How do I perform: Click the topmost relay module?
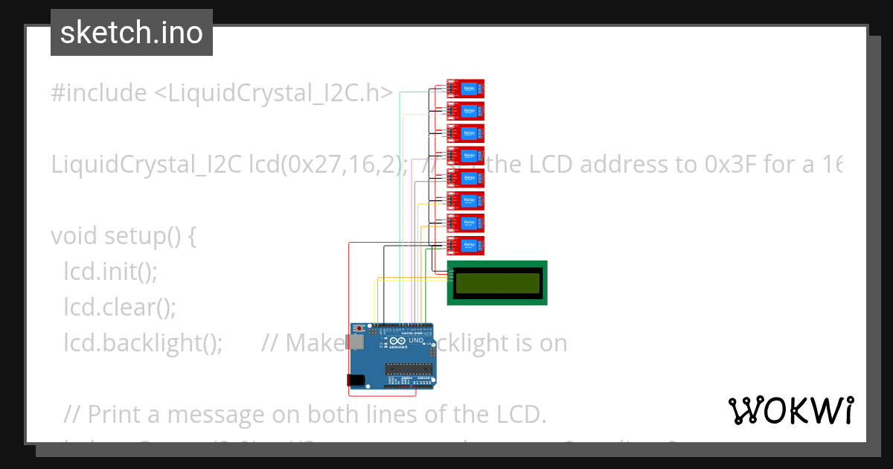pyautogui.click(x=466, y=89)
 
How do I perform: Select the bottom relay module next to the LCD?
pyautogui.click(x=466, y=245)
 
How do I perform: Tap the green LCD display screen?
pyautogui.click(x=497, y=283)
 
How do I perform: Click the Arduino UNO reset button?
pyautogui.click(x=361, y=328)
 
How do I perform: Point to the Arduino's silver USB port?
pyautogui.click(x=356, y=342)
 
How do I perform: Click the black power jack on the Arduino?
pyautogui.click(x=356, y=380)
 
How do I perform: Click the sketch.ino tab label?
pyautogui.click(x=132, y=33)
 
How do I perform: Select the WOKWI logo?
pyautogui.click(x=790, y=410)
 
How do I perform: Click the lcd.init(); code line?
pyautogui.click(x=110, y=272)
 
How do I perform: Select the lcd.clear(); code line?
pyautogui.click(x=119, y=307)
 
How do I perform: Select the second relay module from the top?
pyautogui.click(x=466, y=111)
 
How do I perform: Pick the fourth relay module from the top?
pyautogui.click(x=466, y=156)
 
